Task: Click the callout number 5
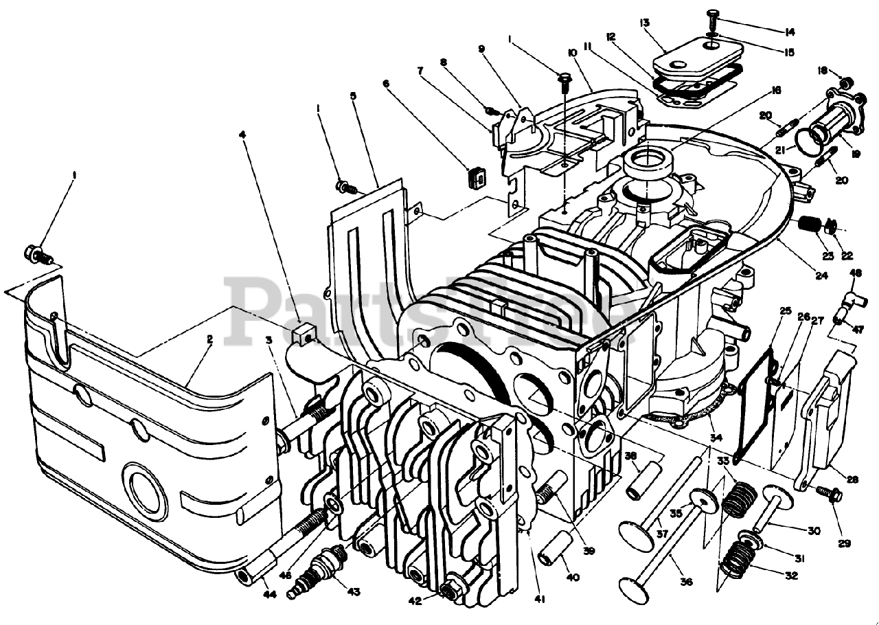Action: point(352,97)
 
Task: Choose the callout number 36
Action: point(687,582)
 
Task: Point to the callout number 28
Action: point(852,480)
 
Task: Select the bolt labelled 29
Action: point(828,493)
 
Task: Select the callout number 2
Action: point(209,339)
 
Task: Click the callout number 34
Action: point(716,438)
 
